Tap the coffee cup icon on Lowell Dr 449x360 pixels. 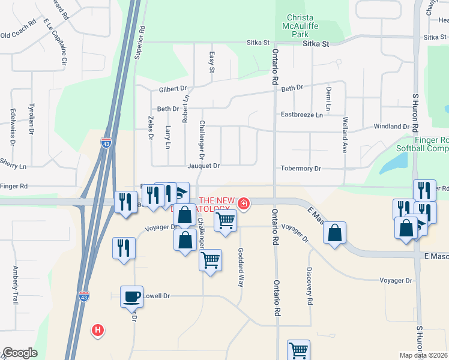pos(131,296)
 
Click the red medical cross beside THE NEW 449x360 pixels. pos(243,203)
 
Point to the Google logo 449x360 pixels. pos(20,353)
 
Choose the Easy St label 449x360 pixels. pos(211,62)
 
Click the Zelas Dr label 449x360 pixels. pos(150,128)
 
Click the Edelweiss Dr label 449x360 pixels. pos(12,127)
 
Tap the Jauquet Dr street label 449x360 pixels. pos(203,166)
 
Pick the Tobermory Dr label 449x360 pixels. pos(301,169)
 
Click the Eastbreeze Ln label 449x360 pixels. pos(301,114)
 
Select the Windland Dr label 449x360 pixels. pos(391,127)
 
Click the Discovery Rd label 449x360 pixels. pos(310,286)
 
